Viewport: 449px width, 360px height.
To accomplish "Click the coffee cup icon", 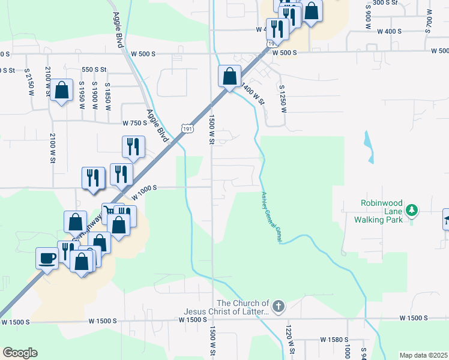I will [47, 259].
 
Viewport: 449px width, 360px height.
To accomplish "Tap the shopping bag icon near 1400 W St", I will [229, 76].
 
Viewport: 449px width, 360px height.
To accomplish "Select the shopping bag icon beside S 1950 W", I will [62, 91].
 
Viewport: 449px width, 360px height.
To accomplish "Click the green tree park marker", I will [411, 210].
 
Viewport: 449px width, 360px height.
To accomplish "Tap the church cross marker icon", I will [278, 307].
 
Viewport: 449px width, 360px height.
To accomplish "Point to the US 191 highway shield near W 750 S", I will [185, 128].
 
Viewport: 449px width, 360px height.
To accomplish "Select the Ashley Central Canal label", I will [271, 217].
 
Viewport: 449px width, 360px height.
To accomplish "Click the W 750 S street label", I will [134, 123].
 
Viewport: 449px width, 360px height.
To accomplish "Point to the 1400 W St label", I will [252, 94].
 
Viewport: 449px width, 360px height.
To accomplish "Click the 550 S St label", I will [94, 70].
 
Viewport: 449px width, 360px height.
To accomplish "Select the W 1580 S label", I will [335, 340].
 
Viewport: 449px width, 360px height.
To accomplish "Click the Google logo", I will [20, 353].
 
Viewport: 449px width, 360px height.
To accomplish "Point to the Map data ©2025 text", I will [423, 355].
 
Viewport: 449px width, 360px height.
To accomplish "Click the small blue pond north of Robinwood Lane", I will [368, 146].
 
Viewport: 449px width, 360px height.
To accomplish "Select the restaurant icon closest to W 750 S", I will [133, 146].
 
